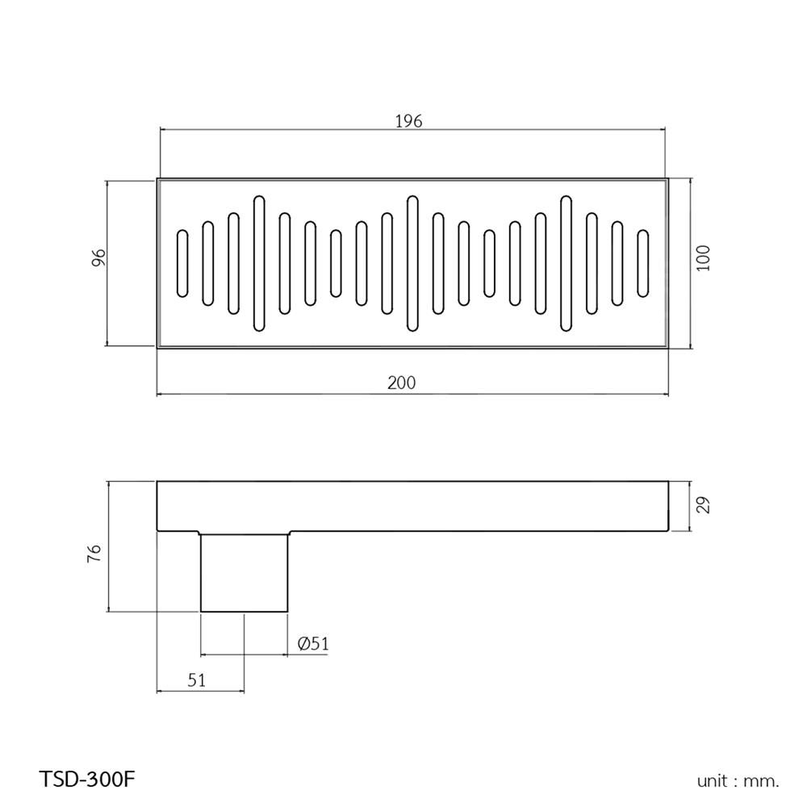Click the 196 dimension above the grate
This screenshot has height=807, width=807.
click(x=409, y=121)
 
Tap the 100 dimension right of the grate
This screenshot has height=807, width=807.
click(x=703, y=258)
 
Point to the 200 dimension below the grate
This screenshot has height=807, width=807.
click(x=401, y=383)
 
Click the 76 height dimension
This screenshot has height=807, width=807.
click(x=94, y=554)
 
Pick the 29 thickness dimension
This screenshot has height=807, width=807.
click(x=702, y=506)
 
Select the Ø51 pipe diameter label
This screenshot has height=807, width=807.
click(x=312, y=643)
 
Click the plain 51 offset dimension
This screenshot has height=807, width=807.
click(x=196, y=680)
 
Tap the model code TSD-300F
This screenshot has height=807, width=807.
click(x=87, y=780)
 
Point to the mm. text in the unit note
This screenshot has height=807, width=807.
click(x=763, y=781)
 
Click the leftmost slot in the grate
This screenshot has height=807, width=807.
click(x=182, y=263)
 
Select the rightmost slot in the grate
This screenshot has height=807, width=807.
click(x=643, y=263)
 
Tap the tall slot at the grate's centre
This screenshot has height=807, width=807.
click(x=412, y=263)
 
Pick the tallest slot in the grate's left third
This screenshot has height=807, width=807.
click(x=259, y=263)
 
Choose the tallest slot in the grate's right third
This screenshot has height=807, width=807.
click(x=566, y=263)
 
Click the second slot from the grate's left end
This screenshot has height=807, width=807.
click(x=207, y=263)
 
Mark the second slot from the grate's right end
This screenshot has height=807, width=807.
click(x=617, y=263)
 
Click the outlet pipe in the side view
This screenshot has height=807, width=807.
click(x=244, y=573)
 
